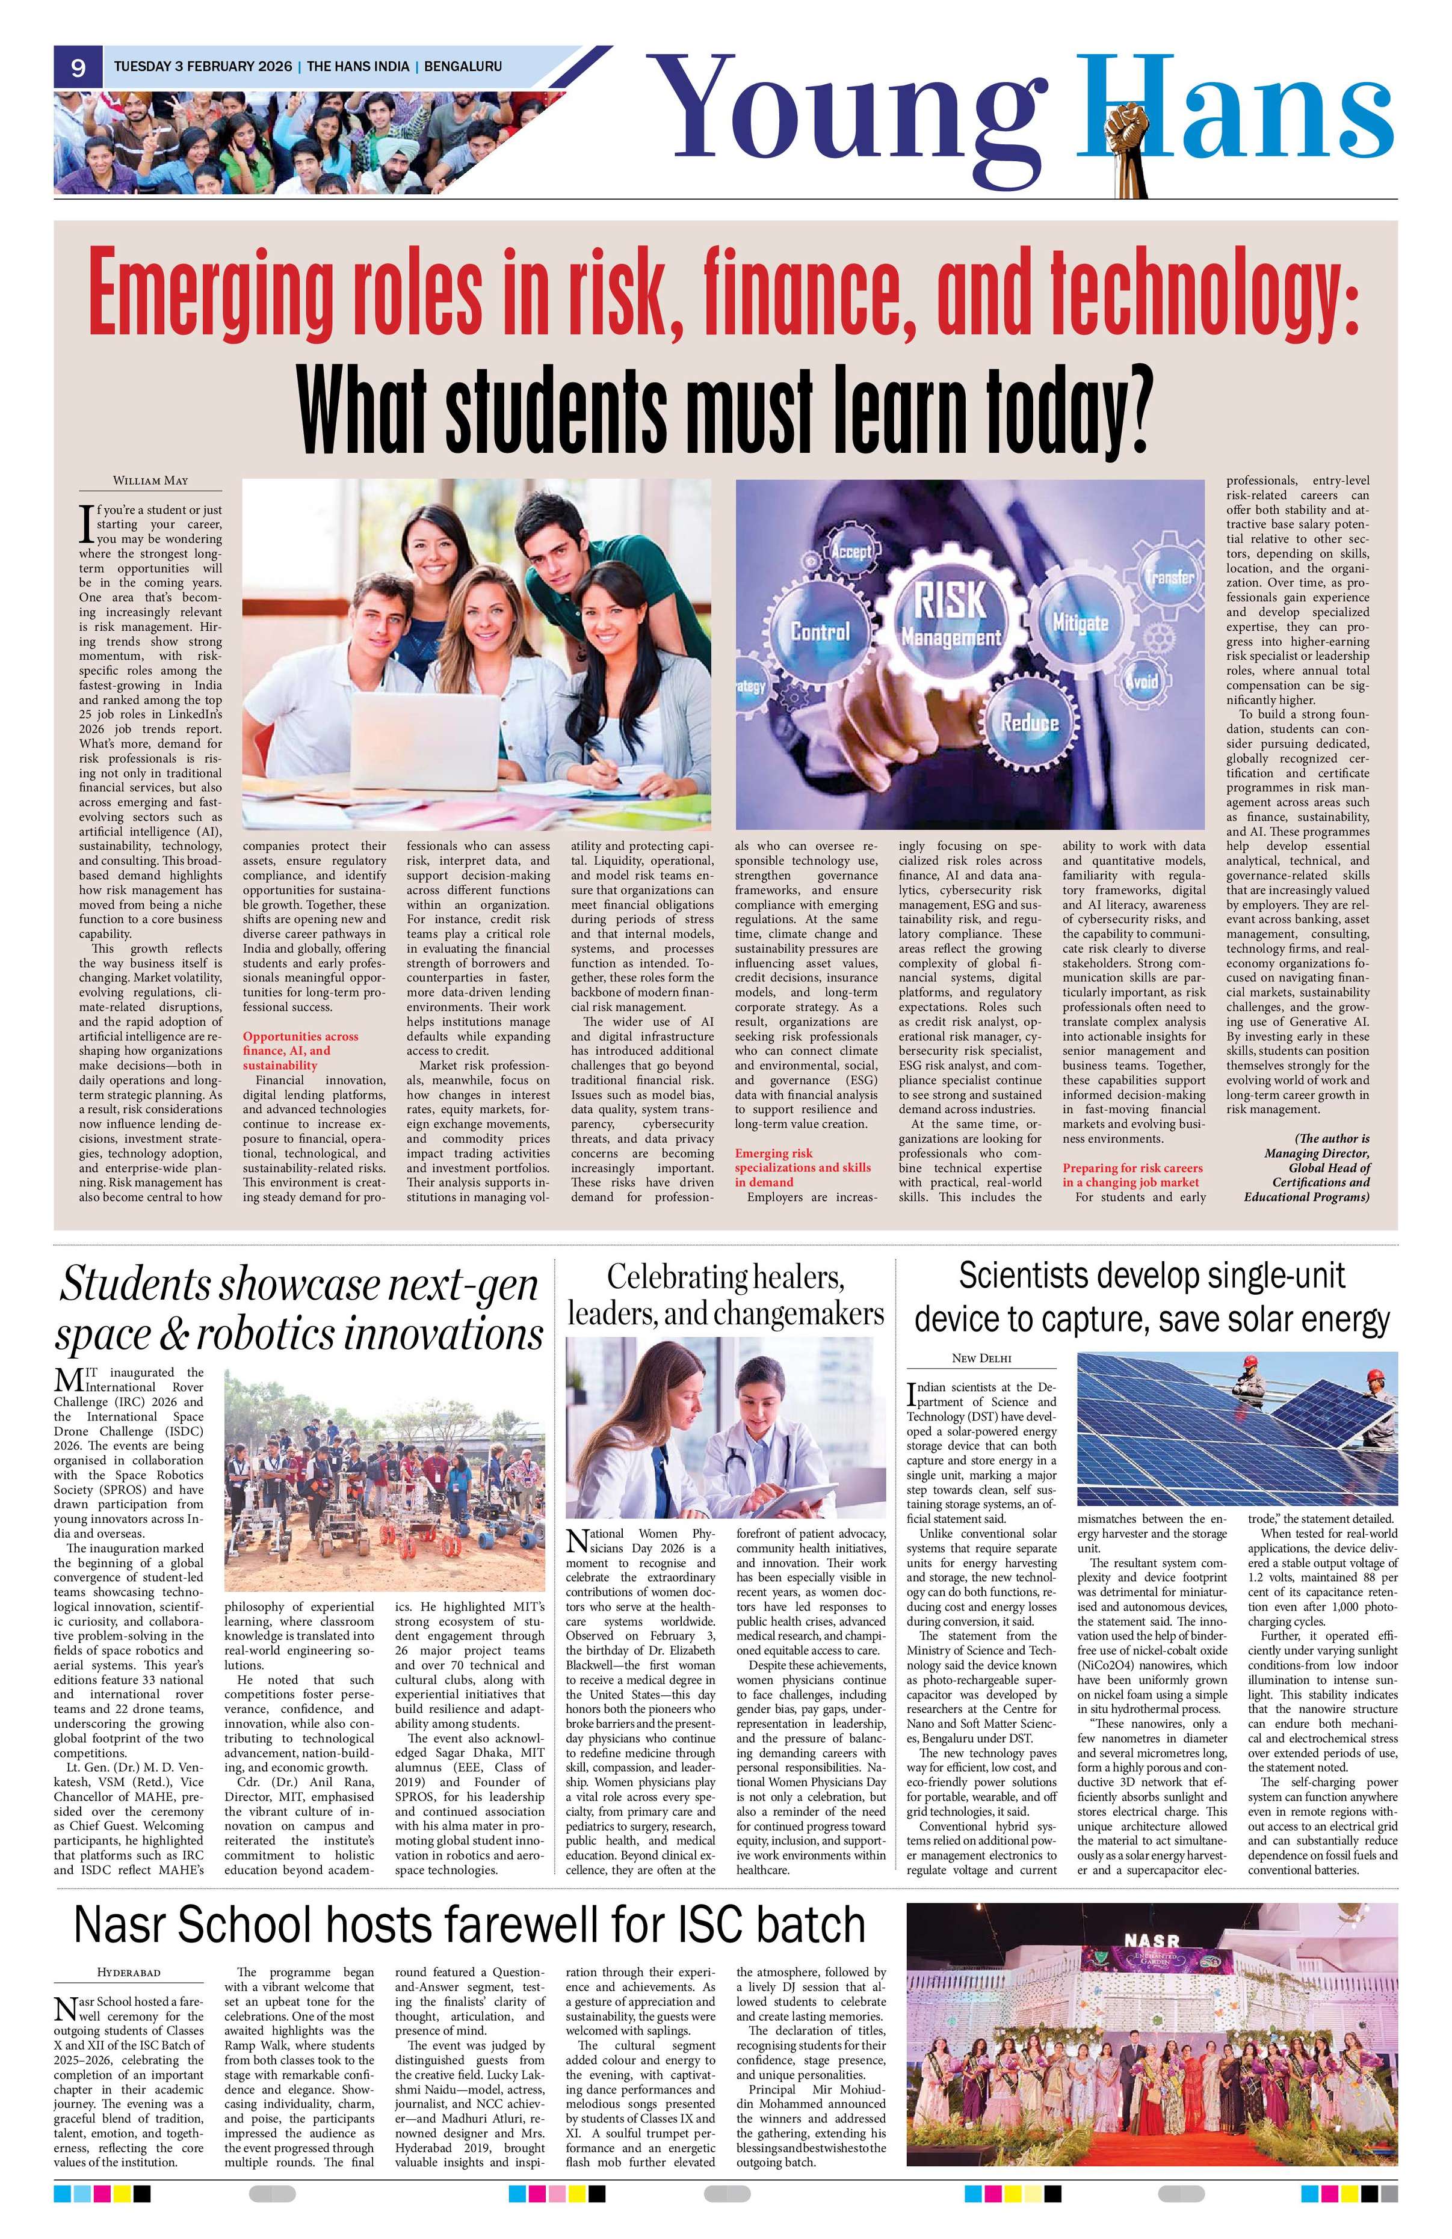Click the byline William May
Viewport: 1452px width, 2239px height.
point(150,481)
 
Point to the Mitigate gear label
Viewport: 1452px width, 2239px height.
point(1080,622)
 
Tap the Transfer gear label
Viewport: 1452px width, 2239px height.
point(1170,577)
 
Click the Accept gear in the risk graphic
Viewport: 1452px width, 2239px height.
point(851,550)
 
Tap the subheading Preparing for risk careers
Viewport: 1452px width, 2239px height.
point(1132,1174)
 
